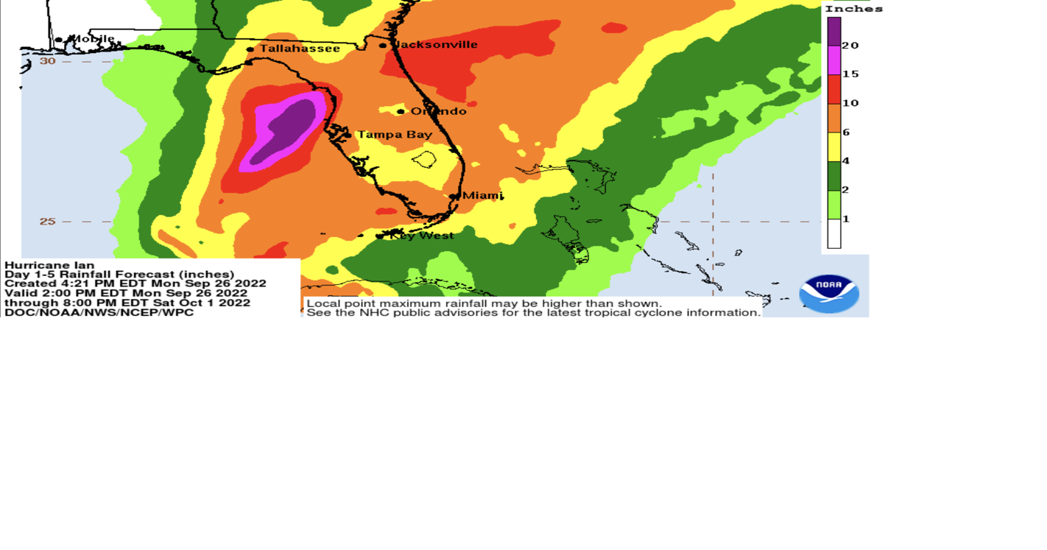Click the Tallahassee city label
pos(300,49)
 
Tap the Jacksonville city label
pos(436,45)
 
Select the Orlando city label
pos(439,111)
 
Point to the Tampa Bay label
pos(395,135)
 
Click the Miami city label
pos(482,196)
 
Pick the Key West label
pos(422,236)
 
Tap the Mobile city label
pos(91,39)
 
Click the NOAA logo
pos(829,294)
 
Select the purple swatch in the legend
pos(834,31)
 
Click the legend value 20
pos(850,46)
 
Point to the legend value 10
pos(850,103)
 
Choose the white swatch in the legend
pos(834,234)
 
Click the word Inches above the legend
pos(853,9)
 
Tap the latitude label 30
pos(48,61)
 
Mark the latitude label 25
pos(48,221)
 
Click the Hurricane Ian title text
pos(49,265)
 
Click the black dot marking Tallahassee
pos(250,49)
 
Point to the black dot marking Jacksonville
pos(383,46)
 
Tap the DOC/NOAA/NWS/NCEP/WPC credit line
pos(99,313)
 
